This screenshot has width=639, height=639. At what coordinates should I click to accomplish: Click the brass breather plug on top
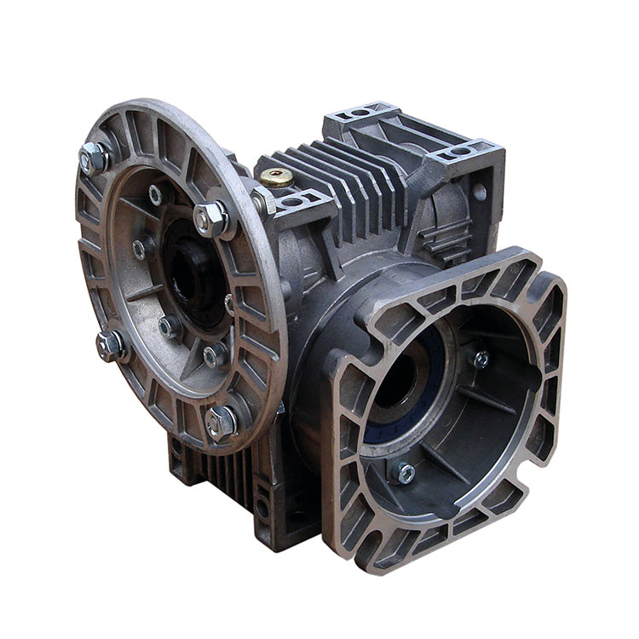point(276,177)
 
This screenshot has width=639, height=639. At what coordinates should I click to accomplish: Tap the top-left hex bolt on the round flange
point(94,158)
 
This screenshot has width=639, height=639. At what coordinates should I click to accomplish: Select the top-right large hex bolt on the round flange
point(210,219)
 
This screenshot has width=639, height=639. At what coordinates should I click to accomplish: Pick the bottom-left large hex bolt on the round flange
point(111,344)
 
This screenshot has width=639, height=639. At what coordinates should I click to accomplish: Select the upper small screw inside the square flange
point(481,359)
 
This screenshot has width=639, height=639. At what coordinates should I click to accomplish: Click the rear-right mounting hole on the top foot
point(461,152)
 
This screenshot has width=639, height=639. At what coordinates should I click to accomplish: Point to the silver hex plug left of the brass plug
point(259,202)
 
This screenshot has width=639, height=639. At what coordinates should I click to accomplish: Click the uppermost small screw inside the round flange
point(156,195)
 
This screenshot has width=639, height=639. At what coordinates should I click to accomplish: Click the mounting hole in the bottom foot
point(263,510)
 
